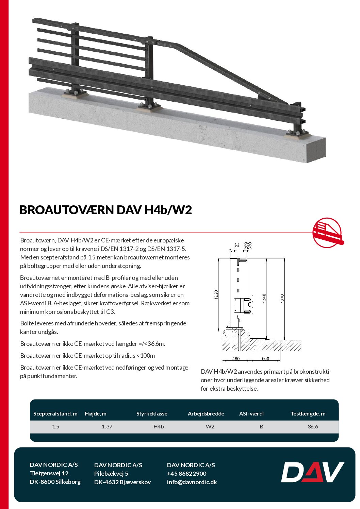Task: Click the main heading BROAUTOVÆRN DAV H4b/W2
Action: coord(105,210)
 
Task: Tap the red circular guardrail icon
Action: coord(327,233)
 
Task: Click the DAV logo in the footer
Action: coord(312,472)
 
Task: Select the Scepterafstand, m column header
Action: coord(55,414)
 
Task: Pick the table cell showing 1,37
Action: coord(107,427)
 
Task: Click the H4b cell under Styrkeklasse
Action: coord(159,427)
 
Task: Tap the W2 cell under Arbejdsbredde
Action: coord(210,427)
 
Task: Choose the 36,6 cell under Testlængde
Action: coord(313,427)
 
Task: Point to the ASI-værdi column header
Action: coord(251,414)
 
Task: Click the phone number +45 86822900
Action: coord(186,474)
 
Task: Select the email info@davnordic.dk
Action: coord(192,482)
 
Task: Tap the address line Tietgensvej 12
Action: coord(49,473)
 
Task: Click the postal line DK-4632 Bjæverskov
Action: coord(122,482)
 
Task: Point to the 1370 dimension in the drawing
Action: coord(282,299)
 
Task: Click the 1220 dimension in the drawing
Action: coord(216,294)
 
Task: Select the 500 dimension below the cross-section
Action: coord(265,359)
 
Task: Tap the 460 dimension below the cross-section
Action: coord(236,359)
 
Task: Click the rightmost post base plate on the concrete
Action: coord(298,134)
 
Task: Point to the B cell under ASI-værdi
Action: coord(261,427)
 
